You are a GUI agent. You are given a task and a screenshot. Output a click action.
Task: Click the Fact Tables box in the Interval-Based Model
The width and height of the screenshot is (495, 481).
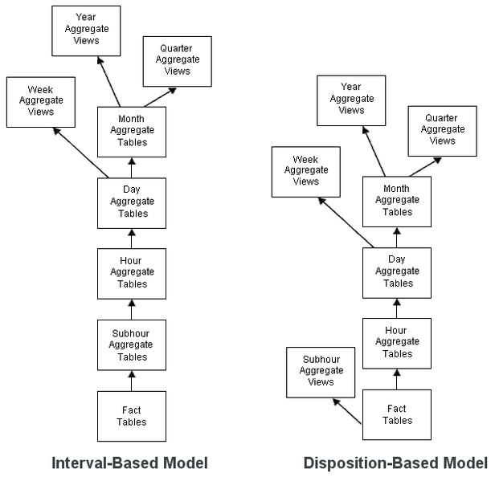[132, 416]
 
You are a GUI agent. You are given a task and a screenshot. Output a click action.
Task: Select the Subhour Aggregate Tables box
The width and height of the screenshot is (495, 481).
[132, 345]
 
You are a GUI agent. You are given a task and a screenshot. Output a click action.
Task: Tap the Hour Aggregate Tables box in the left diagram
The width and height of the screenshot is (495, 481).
[132, 273]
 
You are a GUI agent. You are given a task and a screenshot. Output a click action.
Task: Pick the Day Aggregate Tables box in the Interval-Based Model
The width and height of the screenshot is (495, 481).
[132, 202]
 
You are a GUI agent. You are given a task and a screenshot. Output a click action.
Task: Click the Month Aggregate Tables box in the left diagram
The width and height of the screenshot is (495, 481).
[132, 132]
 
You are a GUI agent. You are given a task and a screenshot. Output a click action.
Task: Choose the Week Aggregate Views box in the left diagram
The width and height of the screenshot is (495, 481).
[41, 101]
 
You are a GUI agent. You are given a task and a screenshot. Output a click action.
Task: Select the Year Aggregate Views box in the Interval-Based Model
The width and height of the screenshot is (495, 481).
[86, 31]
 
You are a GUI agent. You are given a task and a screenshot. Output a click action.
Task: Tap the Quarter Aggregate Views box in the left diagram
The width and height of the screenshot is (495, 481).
[177, 61]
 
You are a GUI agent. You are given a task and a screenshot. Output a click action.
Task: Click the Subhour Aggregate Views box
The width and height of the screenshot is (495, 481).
[321, 372]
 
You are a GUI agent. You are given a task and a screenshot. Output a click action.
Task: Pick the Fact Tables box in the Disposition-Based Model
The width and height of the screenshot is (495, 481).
[397, 414]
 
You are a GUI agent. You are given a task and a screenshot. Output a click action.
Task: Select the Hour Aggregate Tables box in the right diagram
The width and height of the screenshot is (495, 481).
[397, 343]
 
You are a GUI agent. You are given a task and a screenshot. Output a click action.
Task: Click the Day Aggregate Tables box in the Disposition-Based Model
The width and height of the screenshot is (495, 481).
[397, 272]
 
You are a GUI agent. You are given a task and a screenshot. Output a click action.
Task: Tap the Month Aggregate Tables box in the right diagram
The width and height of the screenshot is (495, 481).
[397, 202]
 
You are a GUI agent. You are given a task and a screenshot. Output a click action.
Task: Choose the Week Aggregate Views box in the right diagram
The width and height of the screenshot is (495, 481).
[306, 171]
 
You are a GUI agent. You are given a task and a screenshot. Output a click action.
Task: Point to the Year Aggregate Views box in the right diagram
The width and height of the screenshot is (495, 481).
[351, 100]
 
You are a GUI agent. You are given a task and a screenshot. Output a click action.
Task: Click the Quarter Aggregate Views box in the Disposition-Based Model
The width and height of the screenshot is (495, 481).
[442, 130]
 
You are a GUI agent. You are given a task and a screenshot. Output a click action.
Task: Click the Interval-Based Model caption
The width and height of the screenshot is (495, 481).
[130, 463]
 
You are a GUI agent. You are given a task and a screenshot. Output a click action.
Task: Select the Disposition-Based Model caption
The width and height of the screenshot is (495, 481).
[395, 463]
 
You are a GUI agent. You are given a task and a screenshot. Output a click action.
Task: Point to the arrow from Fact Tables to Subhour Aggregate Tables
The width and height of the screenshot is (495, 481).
[132, 381]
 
